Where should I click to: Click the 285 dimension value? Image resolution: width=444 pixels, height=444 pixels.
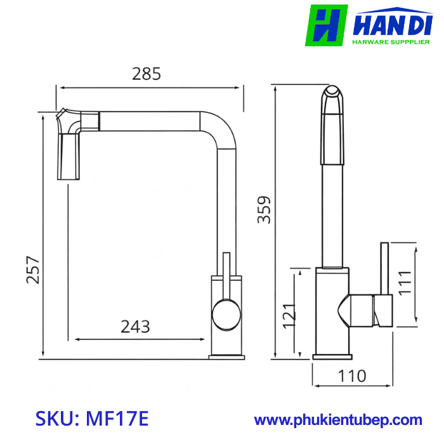[147, 74]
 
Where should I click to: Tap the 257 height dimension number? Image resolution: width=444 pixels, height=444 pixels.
[34, 270]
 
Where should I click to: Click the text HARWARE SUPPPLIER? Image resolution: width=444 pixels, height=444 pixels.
[391, 42]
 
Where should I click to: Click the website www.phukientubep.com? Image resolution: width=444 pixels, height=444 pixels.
[338, 420]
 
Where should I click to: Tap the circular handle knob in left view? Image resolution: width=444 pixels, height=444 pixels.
[226, 314]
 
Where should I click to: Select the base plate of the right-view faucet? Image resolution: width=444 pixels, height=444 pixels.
[332, 357]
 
